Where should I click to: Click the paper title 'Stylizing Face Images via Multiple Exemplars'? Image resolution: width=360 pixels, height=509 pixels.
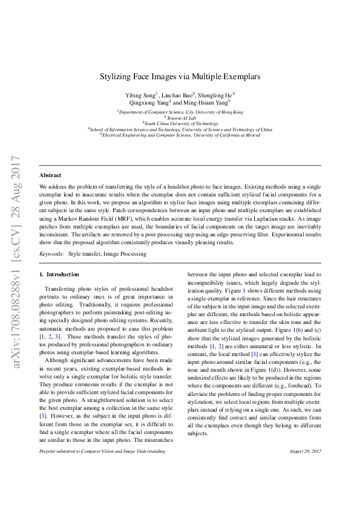[180, 77]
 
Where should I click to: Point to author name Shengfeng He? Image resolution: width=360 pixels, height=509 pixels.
[217, 95]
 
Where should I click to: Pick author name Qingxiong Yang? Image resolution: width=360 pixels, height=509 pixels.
[144, 103]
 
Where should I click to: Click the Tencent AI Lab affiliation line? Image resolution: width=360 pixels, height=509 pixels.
[180, 117]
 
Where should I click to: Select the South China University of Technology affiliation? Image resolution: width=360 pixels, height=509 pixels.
[180, 123]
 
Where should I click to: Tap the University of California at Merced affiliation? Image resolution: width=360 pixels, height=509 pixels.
[180, 135]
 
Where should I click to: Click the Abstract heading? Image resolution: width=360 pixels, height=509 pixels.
[50, 175]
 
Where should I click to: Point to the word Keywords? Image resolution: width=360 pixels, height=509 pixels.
[51, 254]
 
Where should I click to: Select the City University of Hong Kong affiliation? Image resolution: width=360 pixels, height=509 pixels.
[180, 112]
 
